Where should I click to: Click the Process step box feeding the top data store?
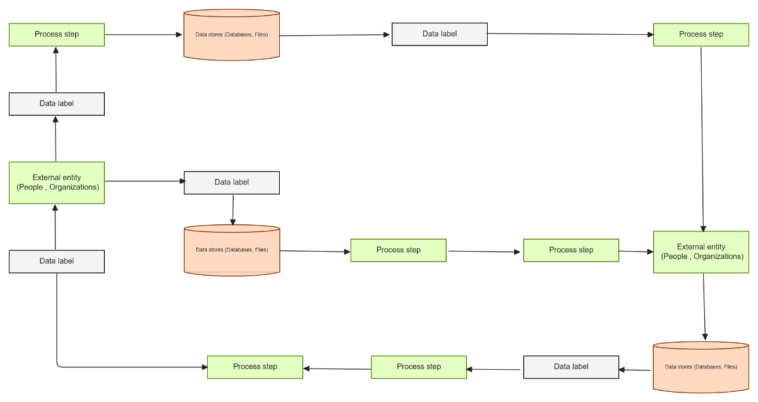tap(57, 34)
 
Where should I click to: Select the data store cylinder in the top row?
tap(231, 35)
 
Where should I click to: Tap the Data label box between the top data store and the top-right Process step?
tap(440, 34)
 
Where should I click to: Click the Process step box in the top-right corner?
tap(701, 34)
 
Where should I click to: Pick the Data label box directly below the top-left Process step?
tap(57, 104)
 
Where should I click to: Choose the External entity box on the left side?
tap(57, 183)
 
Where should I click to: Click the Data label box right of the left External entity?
tap(231, 183)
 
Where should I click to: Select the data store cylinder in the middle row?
tap(231, 250)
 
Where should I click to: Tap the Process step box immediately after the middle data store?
tap(399, 250)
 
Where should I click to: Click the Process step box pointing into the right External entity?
tap(571, 250)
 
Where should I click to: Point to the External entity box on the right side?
tap(701, 252)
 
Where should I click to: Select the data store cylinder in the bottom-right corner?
tap(701, 367)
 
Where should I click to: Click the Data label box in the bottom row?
tap(571, 367)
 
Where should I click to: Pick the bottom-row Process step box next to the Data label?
tap(419, 367)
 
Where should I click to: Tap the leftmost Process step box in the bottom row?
tap(255, 367)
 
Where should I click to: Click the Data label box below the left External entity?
tap(57, 262)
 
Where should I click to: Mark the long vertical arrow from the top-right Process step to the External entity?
tap(702, 139)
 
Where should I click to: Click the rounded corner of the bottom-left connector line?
tap(59, 365)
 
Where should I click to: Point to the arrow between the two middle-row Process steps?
tap(484, 252)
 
